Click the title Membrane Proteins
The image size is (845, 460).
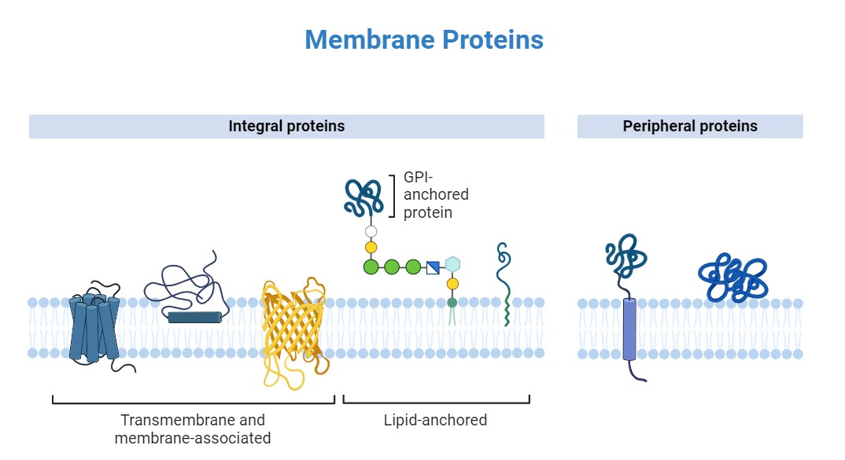click(423, 39)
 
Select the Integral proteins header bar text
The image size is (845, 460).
click(286, 126)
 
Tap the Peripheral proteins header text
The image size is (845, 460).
click(690, 126)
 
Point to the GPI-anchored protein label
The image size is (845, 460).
click(436, 195)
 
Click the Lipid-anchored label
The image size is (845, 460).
click(435, 420)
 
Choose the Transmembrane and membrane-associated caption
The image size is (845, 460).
click(193, 429)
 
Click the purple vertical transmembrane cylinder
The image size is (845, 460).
click(629, 329)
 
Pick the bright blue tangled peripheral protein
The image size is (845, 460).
click(732, 278)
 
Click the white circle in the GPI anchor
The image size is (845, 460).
click(371, 232)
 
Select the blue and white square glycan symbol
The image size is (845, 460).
click(433, 267)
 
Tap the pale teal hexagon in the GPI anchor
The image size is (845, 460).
click(452, 264)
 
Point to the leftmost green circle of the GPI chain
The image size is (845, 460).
click(371, 267)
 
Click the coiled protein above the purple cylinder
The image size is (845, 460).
click(626, 257)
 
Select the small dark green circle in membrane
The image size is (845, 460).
click(452, 302)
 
